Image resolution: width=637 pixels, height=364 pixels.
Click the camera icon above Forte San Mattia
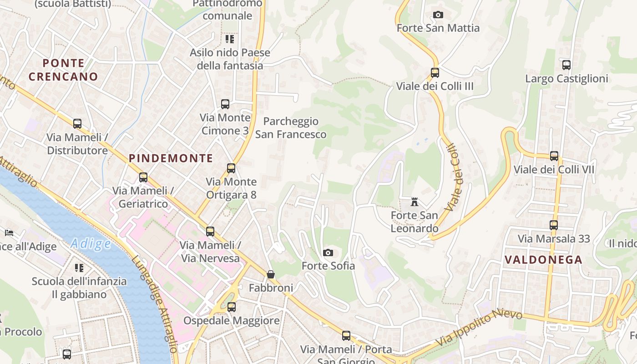(x=438, y=15)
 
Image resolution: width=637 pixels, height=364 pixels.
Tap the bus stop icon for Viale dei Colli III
(x=435, y=72)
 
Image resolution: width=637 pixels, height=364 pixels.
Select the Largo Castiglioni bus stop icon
(x=566, y=65)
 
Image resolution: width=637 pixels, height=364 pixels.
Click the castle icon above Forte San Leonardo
(x=415, y=202)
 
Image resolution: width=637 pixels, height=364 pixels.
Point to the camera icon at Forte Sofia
(x=328, y=253)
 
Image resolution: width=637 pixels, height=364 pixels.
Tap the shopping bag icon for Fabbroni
(x=271, y=274)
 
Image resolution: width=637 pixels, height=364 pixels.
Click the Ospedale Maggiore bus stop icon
(x=232, y=307)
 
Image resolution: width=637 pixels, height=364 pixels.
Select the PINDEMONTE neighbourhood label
(x=171, y=158)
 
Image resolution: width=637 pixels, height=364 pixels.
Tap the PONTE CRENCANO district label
(x=63, y=70)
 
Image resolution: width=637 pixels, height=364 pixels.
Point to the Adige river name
(x=91, y=244)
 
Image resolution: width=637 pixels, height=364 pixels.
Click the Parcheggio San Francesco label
(x=291, y=128)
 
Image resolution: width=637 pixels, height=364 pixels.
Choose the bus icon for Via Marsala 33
(x=554, y=225)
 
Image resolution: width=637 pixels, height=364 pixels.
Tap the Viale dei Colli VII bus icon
(x=554, y=156)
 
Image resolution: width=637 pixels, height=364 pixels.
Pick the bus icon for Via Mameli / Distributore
(x=77, y=124)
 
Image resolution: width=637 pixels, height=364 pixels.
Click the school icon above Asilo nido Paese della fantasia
(x=230, y=39)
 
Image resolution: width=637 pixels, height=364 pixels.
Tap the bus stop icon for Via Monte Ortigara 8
(x=231, y=168)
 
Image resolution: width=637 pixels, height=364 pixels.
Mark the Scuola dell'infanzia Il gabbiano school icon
(x=79, y=268)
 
